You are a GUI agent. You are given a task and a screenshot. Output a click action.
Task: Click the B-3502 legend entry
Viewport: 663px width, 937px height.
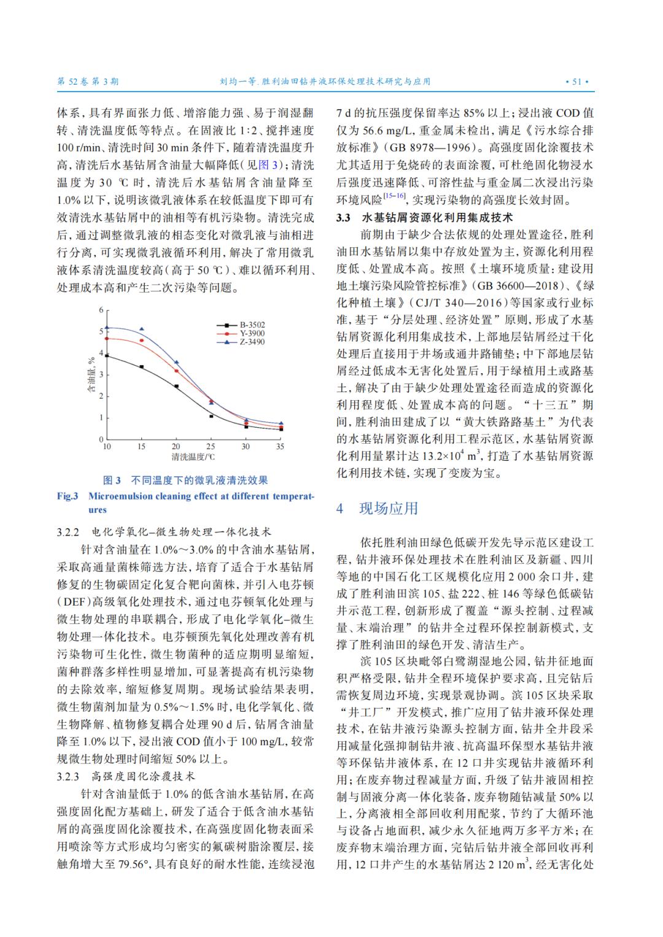[252, 325]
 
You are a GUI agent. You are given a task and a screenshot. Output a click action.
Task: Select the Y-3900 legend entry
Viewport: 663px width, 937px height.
[252, 333]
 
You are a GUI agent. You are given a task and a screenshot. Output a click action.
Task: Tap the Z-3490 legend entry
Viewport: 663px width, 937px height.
[252, 342]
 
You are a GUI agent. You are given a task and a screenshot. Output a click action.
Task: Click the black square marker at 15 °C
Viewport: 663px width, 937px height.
[142, 367]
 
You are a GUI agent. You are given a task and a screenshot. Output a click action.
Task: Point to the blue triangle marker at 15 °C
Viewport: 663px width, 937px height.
[142, 330]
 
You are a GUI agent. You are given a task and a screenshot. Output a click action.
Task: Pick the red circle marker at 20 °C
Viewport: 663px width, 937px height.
[177, 371]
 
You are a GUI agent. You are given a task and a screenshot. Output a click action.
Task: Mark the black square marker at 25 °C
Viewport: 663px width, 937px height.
[211, 416]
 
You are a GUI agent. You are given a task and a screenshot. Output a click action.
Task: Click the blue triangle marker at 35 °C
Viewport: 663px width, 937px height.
[281, 423]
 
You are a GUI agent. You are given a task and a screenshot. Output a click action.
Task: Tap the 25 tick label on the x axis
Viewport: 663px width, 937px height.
[211, 447]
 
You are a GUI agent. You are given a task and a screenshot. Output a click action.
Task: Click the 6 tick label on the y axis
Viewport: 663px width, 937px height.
[101, 310]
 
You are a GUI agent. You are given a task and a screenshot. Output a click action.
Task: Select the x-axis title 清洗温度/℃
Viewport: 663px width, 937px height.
[193, 457]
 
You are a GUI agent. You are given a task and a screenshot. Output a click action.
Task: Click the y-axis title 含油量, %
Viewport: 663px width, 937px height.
[91, 375]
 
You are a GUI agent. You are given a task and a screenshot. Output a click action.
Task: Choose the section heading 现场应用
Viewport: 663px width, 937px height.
[389, 508]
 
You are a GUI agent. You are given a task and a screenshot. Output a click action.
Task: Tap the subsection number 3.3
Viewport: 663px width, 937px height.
[343, 218]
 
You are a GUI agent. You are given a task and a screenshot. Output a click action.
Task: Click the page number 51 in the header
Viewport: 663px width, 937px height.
[576, 82]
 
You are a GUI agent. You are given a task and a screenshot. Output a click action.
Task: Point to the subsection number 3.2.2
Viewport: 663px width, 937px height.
[68, 532]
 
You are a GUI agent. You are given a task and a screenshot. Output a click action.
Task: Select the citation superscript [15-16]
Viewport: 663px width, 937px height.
[394, 196]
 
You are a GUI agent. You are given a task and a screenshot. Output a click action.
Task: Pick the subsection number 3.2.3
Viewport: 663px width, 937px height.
[68, 776]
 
